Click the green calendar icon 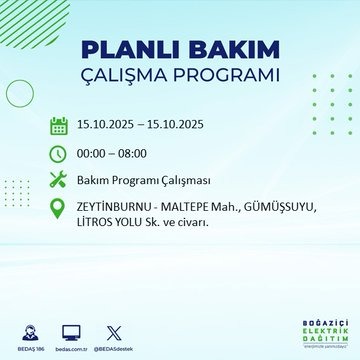[58, 126]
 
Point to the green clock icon [58, 153]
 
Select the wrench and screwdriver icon [58, 180]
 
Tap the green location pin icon [58, 209]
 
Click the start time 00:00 [96, 154]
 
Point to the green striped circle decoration [20, 95]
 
